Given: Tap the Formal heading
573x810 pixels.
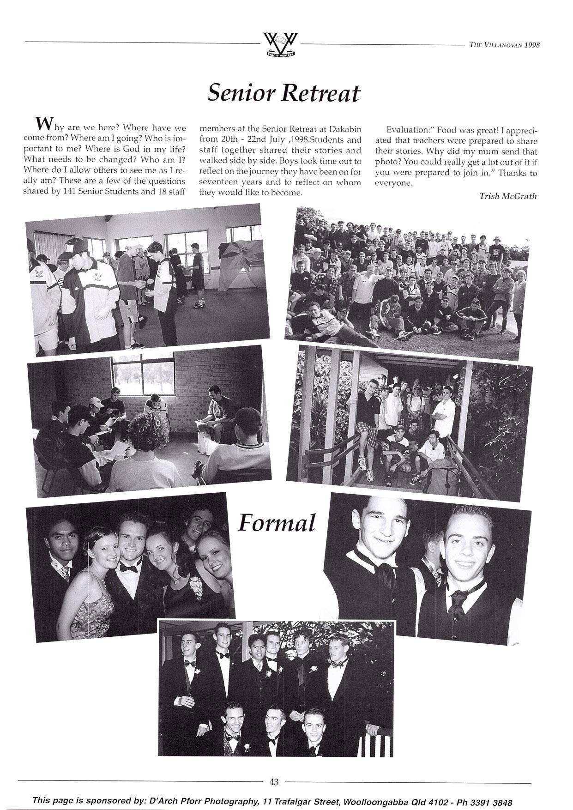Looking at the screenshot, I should tap(277, 523).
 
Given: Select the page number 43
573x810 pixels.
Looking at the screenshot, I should tap(274, 782).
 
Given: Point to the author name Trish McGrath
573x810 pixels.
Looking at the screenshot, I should tap(508, 196).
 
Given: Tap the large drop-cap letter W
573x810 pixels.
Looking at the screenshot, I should tap(42, 123).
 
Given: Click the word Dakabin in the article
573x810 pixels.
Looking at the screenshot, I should tap(346, 129).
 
